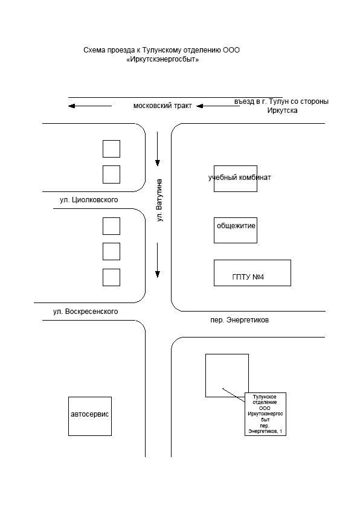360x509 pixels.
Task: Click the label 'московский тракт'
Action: tap(162, 106)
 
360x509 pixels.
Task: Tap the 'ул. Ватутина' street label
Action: tap(159, 200)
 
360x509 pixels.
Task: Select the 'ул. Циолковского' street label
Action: tap(89, 200)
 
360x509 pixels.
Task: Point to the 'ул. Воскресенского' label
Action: tap(85, 312)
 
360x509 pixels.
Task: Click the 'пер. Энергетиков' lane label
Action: tap(240, 320)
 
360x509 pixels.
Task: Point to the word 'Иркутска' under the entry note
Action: tap(283, 110)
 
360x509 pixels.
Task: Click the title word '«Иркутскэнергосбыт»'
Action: tap(162, 59)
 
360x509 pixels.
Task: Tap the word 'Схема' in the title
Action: tap(94, 50)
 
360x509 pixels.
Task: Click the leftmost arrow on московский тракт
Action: tap(90, 106)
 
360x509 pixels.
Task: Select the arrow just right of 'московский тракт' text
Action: tap(218, 106)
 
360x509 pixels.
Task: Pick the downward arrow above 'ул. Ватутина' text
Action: tap(158, 149)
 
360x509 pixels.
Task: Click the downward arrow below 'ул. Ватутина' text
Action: tap(158, 260)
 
